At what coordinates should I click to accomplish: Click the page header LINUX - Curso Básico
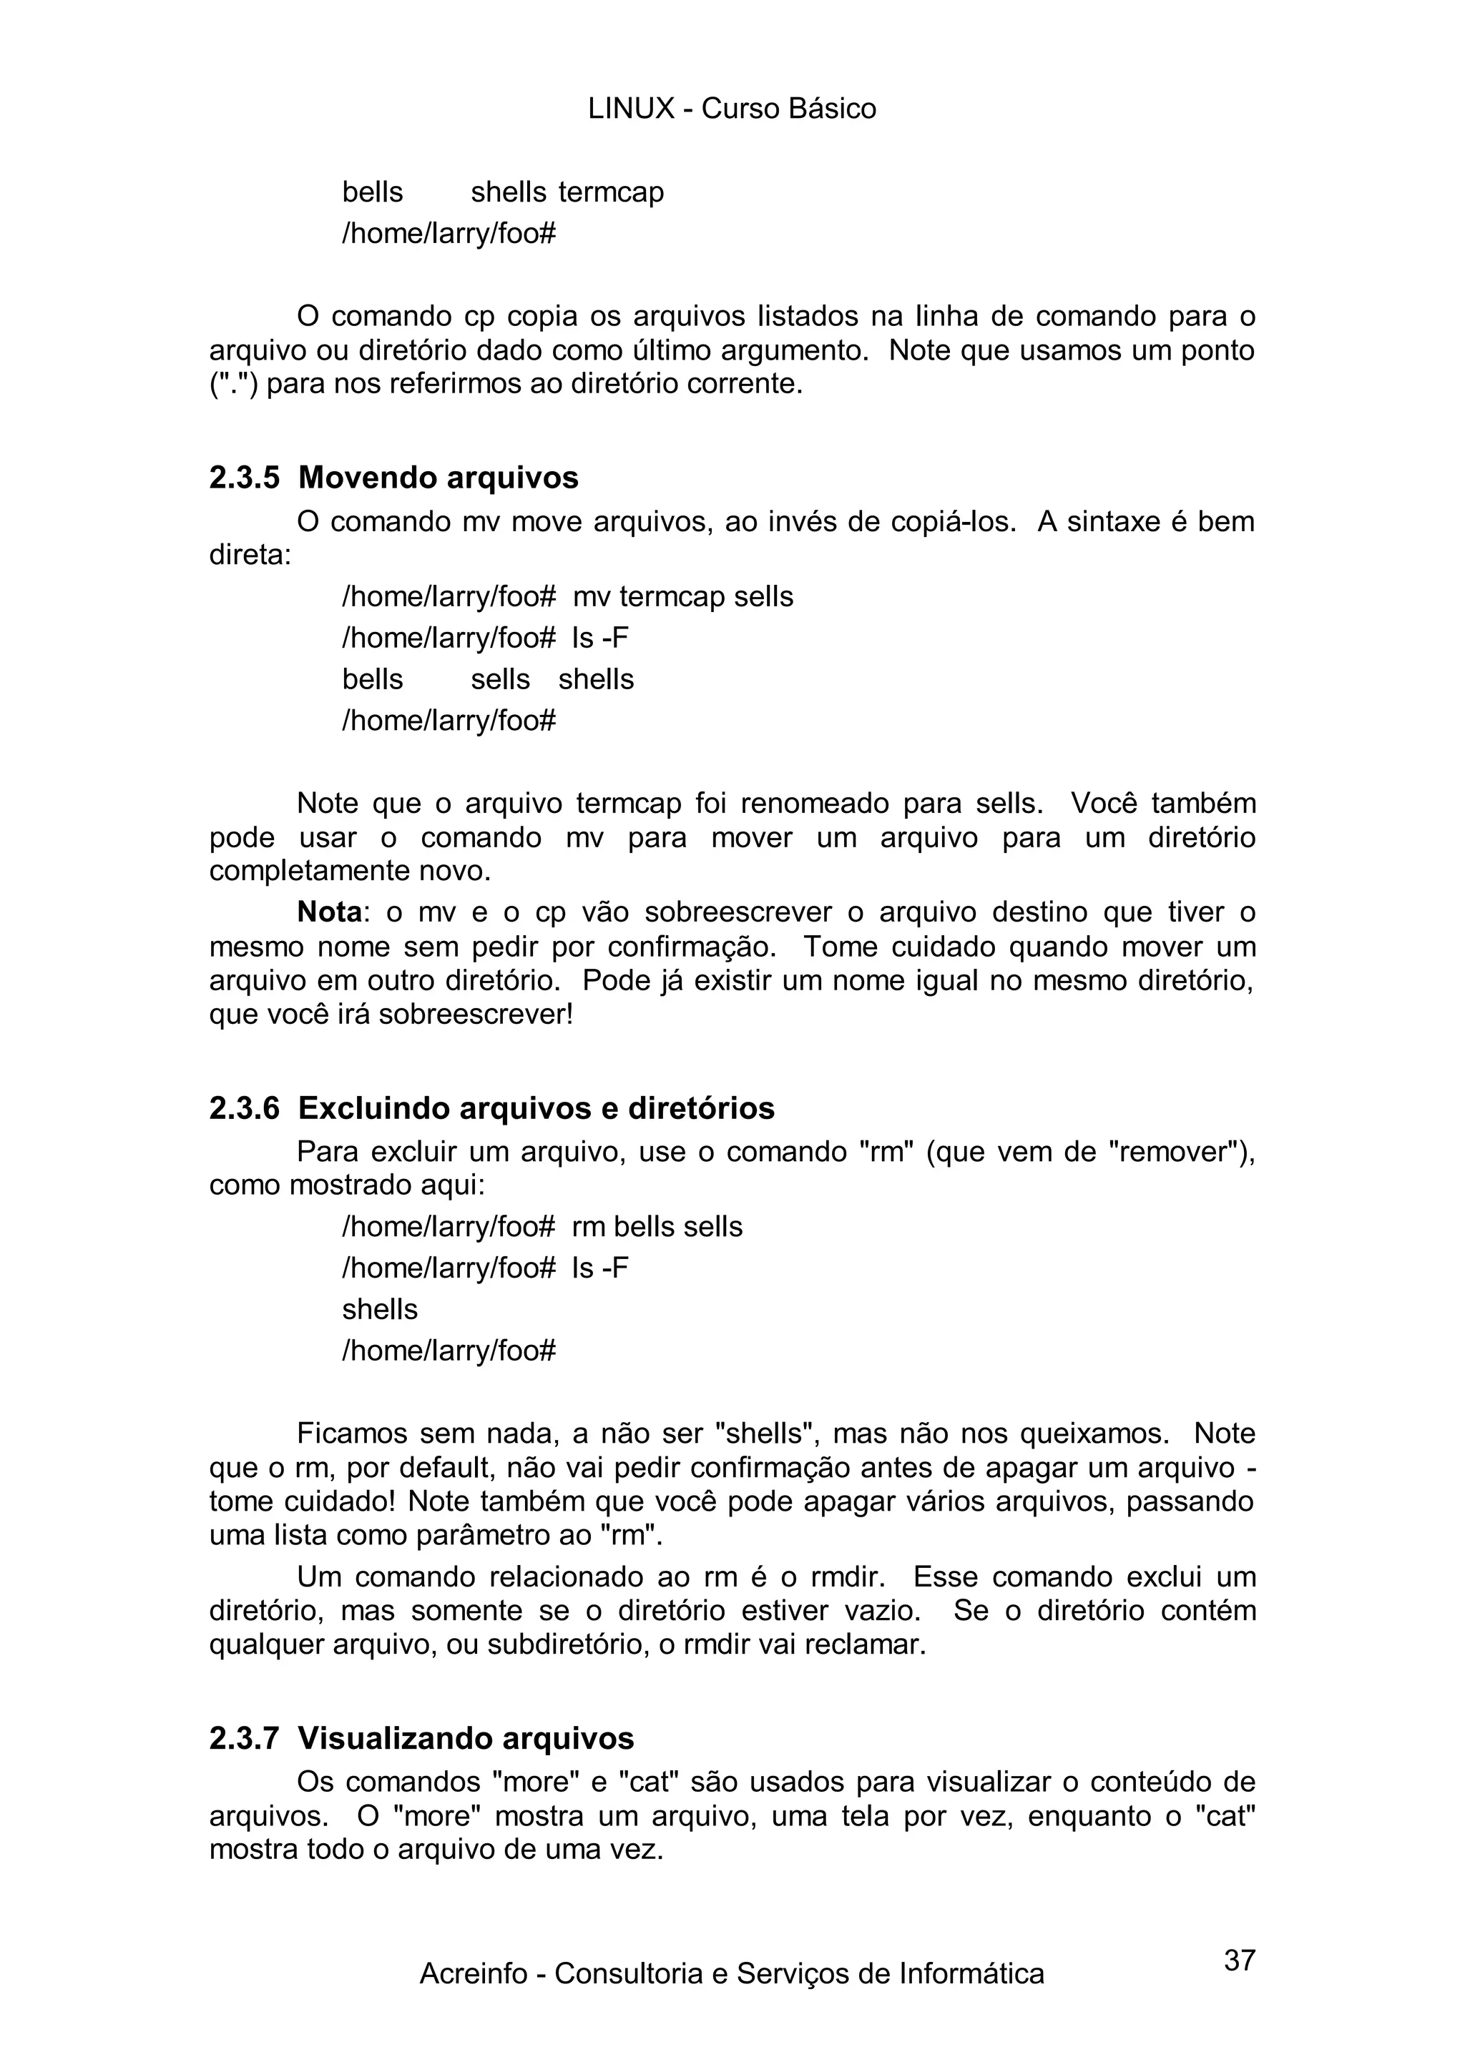731,109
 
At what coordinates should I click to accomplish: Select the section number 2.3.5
245,478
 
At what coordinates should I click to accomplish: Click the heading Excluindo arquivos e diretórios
536,1107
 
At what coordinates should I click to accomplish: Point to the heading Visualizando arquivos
466,1737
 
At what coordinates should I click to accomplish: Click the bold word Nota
330,912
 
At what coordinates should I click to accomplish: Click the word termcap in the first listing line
611,192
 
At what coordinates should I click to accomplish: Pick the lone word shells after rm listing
380,1309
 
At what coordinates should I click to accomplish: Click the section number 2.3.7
245,1737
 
